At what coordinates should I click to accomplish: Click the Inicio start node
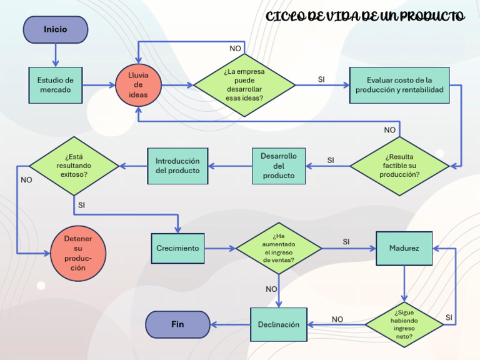tap(55, 29)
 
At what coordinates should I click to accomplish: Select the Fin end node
tap(177, 324)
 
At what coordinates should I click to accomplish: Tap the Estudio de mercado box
tap(55, 85)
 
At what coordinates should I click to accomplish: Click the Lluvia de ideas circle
tap(138, 85)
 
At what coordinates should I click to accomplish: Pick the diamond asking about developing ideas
tap(244, 84)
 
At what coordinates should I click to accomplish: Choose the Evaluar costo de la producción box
tap(399, 85)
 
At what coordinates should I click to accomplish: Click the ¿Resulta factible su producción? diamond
tap(399, 166)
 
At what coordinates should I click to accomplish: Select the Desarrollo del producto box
tap(279, 166)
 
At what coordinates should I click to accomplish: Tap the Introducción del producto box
tap(177, 166)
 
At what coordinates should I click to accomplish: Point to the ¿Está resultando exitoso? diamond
tap(74, 166)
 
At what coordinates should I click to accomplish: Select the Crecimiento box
tap(177, 248)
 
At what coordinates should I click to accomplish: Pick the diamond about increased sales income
tap(279, 248)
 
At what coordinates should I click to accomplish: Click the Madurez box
tap(404, 248)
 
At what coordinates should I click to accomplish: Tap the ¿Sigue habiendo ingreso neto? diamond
tap(404, 324)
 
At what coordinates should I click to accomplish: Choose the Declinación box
tap(279, 324)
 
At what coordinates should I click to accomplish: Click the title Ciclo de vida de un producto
tap(365, 17)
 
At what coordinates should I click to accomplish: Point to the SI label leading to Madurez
tap(346, 241)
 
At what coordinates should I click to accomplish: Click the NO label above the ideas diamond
tap(235, 49)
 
